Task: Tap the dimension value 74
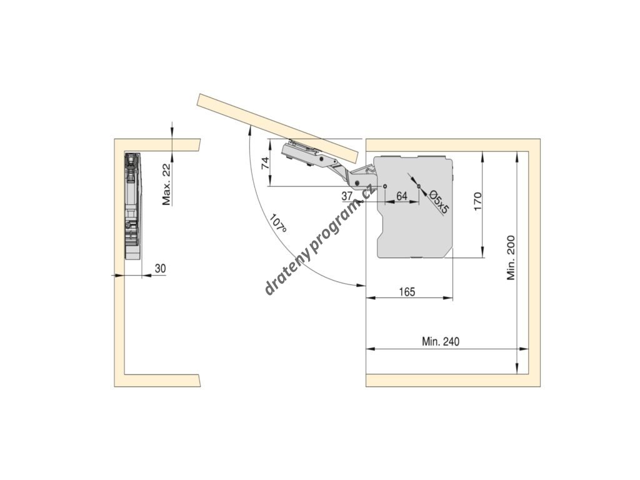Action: pos(264,164)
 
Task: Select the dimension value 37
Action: pos(348,196)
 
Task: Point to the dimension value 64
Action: pos(402,196)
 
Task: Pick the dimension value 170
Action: pos(477,202)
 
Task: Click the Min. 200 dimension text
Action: pos(511,257)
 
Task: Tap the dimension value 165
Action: pos(406,292)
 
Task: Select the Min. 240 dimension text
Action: pos(441,342)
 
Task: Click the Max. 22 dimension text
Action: pos(166,184)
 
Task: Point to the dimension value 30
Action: pos(160,269)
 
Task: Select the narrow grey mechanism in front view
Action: pos(133,206)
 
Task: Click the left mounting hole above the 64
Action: pos(386,187)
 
